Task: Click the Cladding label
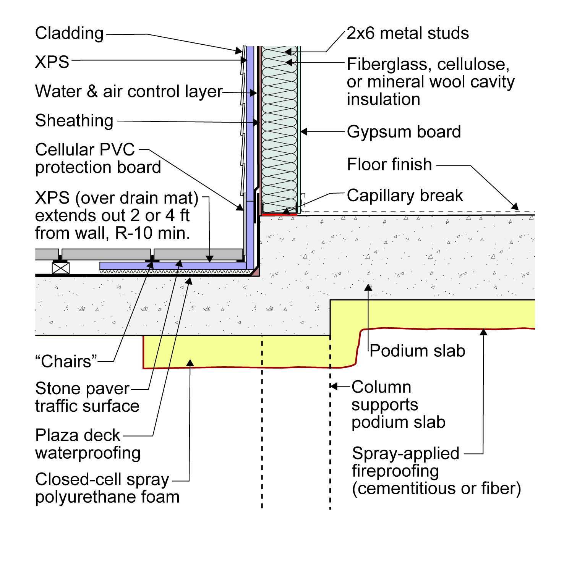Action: tap(69, 34)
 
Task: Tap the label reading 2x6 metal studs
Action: tap(408, 34)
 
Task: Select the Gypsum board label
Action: tap(404, 132)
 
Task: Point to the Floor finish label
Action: tap(389, 165)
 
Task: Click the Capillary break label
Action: tap(405, 196)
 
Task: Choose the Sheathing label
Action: tap(74, 121)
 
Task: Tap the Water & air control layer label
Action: tap(129, 92)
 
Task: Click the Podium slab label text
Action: tap(417, 351)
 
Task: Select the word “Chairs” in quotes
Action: tap(66, 361)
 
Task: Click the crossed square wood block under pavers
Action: tap(61, 268)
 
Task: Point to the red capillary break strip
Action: tap(279, 215)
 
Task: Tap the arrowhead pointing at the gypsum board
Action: tap(304, 132)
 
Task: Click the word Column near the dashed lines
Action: tap(381, 387)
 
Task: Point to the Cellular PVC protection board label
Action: tap(98, 159)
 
